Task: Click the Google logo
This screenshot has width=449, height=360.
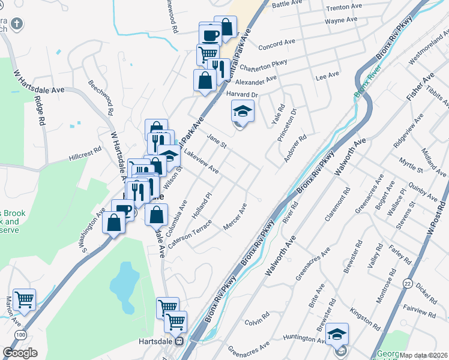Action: pos(20,353)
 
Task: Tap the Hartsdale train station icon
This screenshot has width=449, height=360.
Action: pos(178,341)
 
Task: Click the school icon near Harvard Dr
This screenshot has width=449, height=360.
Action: pos(243,112)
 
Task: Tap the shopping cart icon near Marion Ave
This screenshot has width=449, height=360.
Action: pos(24,299)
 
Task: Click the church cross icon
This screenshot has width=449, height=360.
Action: pos(17,25)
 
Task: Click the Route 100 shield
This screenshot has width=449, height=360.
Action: pos(22,334)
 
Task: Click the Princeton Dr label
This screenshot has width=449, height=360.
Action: pos(288,126)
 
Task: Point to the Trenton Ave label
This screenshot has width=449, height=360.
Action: pos(344,8)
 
